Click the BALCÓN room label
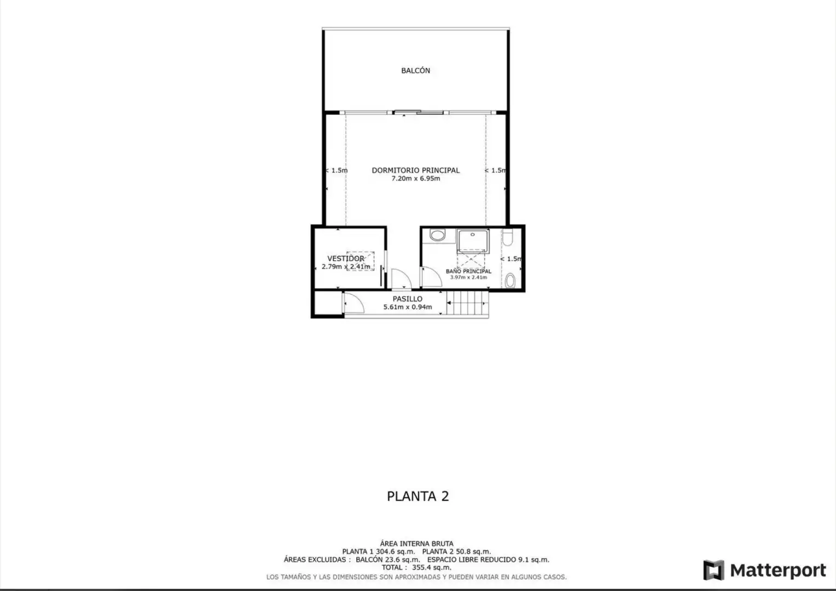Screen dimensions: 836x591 click(415, 71)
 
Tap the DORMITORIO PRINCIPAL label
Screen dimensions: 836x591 click(416, 170)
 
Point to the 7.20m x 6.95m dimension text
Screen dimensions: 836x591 click(416, 178)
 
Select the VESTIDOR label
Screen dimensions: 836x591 click(346, 258)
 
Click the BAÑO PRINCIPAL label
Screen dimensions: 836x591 click(468, 271)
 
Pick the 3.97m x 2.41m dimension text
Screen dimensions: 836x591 click(468, 277)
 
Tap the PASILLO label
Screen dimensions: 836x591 click(408, 299)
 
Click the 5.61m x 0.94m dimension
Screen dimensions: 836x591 click(408, 307)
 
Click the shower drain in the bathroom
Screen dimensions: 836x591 click(473, 234)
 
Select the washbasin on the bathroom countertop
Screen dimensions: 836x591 click(437, 235)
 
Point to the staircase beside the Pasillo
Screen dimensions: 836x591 click(468, 303)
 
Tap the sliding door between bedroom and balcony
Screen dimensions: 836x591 click(419, 112)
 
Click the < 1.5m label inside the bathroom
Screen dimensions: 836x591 click(511, 259)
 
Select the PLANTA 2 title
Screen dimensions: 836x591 click(417, 496)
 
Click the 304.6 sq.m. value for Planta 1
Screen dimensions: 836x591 click(395, 552)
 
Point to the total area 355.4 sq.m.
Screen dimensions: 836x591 click(432, 567)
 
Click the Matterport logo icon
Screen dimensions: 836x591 click(713, 570)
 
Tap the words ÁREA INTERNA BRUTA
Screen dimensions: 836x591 click(416, 543)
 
